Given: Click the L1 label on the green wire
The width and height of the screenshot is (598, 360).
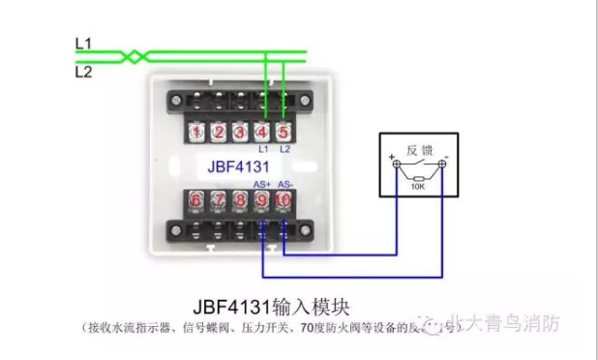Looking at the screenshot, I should pos(82,44).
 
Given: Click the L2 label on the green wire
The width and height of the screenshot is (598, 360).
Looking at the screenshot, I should pos(82,71).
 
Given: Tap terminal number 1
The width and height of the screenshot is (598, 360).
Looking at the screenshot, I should pos(197,132).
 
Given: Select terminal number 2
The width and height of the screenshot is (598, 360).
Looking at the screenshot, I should pos(219,132).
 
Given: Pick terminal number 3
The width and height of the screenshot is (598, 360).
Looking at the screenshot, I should pos(240,132).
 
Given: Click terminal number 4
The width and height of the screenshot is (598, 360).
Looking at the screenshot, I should pos(262,132).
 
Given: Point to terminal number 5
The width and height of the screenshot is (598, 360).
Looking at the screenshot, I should pos(284,132).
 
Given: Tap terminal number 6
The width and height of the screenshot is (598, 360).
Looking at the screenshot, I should pos(197,200).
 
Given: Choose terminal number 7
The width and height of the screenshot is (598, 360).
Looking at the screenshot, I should pos(219,200).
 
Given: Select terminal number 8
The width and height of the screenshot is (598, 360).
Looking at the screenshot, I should pos(240,200).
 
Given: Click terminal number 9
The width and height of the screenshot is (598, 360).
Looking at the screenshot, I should pos(261,200).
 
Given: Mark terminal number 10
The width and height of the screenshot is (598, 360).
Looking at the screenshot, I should pos(284,200).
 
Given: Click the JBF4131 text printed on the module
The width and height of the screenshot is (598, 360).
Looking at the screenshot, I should pos(237,165).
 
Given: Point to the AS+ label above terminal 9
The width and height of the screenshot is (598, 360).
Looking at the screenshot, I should pos(261,184).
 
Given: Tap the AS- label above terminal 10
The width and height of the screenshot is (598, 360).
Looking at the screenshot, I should pos(284,184).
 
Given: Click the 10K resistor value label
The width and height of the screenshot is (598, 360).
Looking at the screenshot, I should pos(418,188).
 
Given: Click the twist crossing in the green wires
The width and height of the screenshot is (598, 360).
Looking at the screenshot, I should pos(135,56).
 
